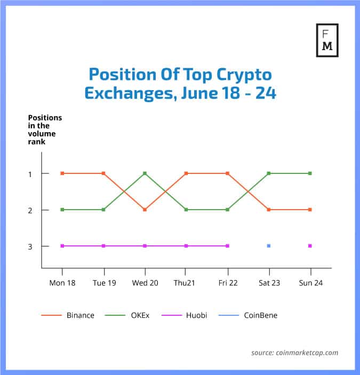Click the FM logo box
[x=327, y=39]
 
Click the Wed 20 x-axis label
[x=145, y=283]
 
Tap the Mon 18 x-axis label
[x=62, y=283]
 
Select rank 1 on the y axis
[x=30, y=174]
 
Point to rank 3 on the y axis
[x=30, y=246]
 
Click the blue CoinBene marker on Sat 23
[x=269, y=246]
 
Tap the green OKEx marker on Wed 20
[x=145, y=173]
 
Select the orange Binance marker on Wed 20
[x=145, y=210]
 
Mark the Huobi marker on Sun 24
[x=310, y=246]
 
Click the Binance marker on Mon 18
[x=62, y=173]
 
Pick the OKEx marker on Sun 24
[x=310, y=173]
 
